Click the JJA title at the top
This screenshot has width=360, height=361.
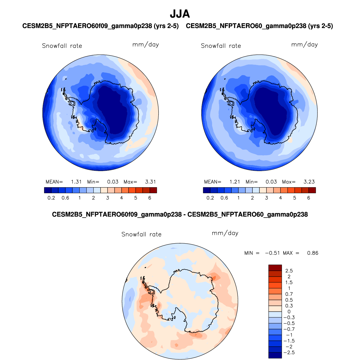(180, 14)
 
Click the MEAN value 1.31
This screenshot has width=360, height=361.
(76, 182)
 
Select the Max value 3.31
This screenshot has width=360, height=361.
(150, 182)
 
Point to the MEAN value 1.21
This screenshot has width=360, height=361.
(235, 182)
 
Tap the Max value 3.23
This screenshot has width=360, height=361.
(309, 182)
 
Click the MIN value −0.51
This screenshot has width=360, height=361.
(272, 253)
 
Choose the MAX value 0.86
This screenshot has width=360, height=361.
(313, 253)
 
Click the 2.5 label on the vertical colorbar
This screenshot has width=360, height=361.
(289, 271)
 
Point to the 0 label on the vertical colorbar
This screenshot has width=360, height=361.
(289, 312)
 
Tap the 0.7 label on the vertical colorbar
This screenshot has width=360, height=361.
(289, 294)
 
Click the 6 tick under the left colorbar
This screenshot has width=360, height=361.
(150, 198)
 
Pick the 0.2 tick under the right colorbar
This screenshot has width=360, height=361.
(210, 198)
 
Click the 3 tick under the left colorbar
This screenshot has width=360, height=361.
(108, 198)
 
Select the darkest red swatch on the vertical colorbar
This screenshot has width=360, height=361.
(275, 268)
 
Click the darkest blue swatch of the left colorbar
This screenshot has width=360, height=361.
(48, 190)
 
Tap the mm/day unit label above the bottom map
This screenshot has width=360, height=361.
(225, 233)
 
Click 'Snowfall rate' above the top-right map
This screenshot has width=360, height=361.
(221, 46)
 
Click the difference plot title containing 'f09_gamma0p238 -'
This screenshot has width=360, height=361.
(180, 215)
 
